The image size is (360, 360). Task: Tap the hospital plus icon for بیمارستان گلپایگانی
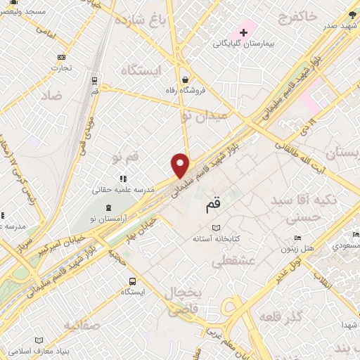[x=244, y=32]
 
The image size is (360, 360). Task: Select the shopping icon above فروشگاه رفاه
[x=184, y=79]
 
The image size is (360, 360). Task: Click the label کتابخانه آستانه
[x=217, y=239]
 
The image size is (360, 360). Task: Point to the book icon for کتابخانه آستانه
[x=216, y=228]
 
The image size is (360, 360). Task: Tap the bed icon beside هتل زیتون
[x=297, y=238]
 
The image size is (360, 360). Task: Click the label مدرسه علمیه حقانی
[x=120, y=190]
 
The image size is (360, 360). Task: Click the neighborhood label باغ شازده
[x=160, y=19]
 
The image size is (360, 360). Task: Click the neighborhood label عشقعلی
[x=233, y=262]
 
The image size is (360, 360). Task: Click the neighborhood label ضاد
[x=52, y=95]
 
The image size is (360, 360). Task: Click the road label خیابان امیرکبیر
[x=51, y=237]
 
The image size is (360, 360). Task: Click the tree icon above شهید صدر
[x=352, y=14]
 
